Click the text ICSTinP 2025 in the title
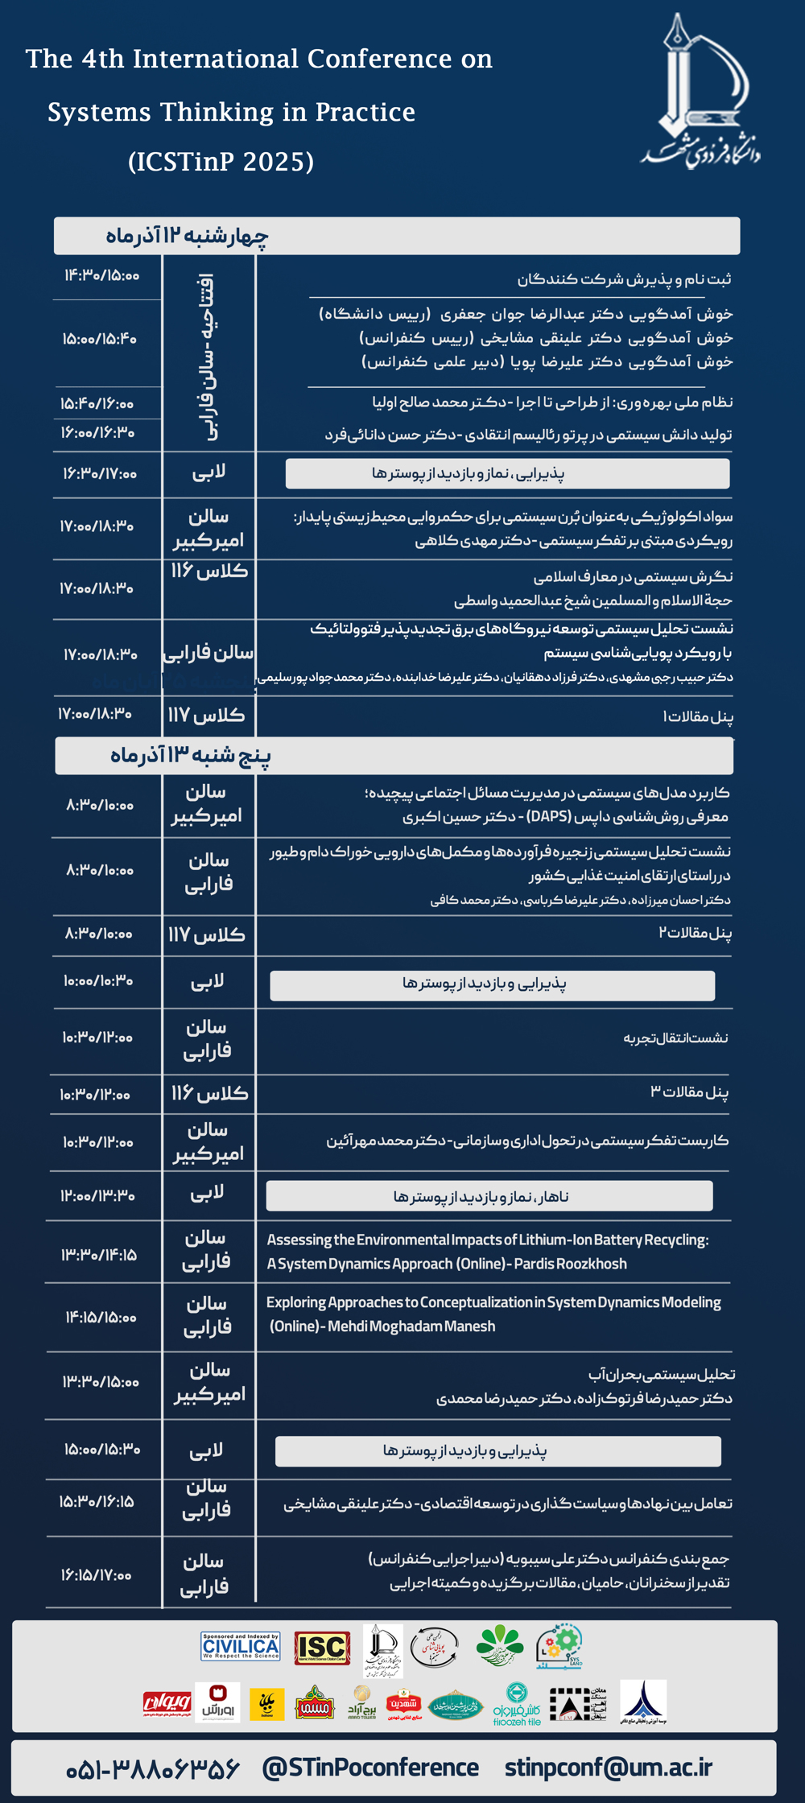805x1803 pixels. point(221,162)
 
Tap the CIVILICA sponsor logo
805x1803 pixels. point(241,1647)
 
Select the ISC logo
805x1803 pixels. point(321,1648)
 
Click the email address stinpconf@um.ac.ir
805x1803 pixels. point(609,1768)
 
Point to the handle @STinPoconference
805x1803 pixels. point(370,1768)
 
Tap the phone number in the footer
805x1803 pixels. point(153,1768)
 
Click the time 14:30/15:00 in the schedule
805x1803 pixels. point(101,276)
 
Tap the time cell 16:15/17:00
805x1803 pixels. point(96,1574)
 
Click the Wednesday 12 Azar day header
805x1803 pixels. point(187,236)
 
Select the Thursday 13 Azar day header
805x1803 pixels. point(190,756)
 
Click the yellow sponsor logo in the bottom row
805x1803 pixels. point(266,1704)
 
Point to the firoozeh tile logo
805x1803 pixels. point(517,1705)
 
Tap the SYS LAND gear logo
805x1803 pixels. point(560,1645)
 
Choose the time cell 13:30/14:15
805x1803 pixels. point(99,1255)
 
